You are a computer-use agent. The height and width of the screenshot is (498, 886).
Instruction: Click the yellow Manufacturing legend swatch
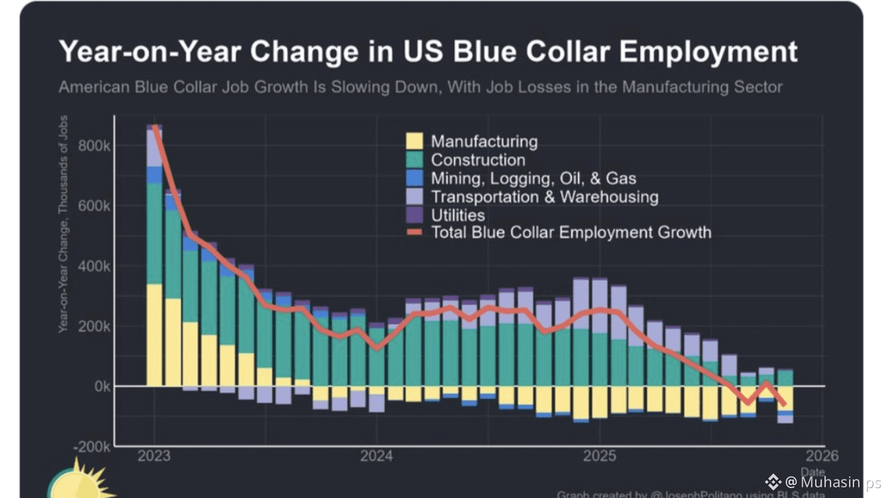coord(415,142)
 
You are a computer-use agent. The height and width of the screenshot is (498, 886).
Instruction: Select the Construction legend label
coord(478,160)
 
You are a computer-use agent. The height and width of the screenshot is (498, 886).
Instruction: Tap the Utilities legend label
coord(458,215)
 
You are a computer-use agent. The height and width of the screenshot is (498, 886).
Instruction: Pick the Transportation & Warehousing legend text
coord(545,197)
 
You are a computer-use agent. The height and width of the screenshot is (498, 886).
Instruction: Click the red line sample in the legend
coord(415,233)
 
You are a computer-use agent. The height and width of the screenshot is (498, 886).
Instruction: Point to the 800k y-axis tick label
coord(94,146)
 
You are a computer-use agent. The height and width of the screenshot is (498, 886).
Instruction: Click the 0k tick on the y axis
coord(101,386)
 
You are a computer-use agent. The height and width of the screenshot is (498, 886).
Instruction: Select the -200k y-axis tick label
coord(91,446)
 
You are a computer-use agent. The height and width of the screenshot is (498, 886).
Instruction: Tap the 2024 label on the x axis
coord(376,456)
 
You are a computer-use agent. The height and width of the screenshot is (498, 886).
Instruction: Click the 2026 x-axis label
coord(822,456)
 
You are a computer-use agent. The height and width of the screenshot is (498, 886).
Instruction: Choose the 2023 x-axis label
coord(154,456)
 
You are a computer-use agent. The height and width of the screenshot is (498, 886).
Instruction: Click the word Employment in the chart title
coord(708,52)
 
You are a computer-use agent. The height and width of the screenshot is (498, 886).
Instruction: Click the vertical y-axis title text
coord(63,225)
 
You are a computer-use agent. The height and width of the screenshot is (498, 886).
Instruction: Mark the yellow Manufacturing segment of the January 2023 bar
coord(154,335)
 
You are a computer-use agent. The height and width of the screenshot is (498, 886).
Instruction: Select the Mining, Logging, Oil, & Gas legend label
coord(533,179)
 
